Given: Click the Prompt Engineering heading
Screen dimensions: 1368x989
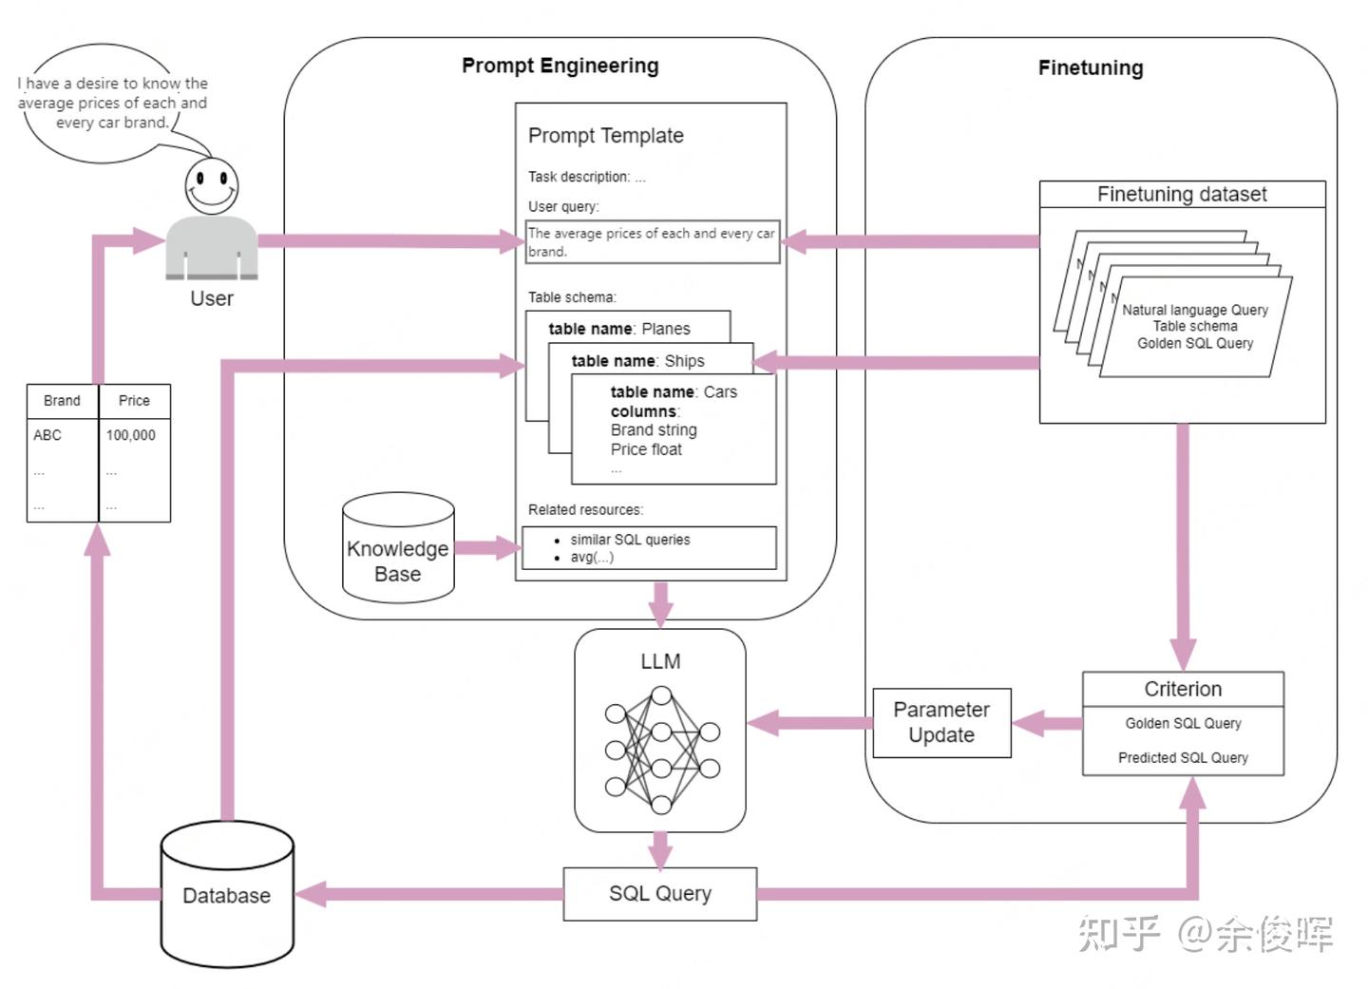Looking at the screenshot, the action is pos(560,66).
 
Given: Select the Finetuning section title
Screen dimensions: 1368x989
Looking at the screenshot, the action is pos(1091,67).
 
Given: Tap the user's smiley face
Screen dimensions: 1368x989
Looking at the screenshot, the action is pos(212,185).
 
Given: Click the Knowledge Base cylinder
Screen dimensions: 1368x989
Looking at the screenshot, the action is pos(398,548).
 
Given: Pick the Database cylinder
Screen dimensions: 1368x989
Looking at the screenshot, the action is pos(227,894).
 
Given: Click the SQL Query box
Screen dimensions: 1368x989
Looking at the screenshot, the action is pos(660,894).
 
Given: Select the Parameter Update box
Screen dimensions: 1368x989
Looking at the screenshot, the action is pos(941,723).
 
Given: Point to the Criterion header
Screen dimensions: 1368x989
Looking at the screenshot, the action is pos(1183,689).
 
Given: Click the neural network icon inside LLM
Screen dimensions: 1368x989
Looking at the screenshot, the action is pos(662,751).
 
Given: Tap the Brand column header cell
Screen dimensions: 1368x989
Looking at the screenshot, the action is pos(63,401).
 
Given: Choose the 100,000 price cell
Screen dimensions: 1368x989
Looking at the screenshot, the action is pos(131,435).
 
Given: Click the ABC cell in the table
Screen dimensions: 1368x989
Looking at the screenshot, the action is pos(47,435).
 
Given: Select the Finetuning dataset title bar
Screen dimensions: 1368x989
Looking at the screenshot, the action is pos(1183,194).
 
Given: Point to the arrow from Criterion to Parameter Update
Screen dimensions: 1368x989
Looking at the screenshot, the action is pos(1047,724).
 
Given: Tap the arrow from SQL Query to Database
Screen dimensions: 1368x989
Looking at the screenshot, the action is pos(428,894).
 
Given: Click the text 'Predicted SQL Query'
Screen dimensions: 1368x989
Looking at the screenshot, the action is pos(1183,757).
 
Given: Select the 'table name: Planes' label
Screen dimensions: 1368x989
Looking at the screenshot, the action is pos(619,329).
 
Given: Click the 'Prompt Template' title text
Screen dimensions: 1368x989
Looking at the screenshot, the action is pos(606,136).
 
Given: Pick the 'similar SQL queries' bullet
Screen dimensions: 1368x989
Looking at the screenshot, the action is pos(630,540).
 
